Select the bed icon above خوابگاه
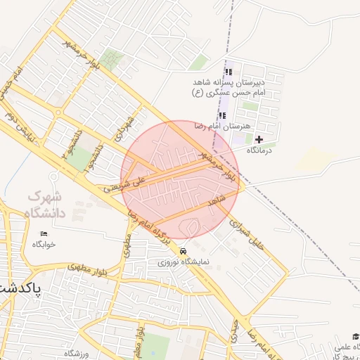44,233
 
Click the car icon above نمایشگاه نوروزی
184,251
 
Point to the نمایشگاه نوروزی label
184,262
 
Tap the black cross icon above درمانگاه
259,139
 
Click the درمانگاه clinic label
259,150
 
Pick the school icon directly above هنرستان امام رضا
222,115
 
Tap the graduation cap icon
355,337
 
